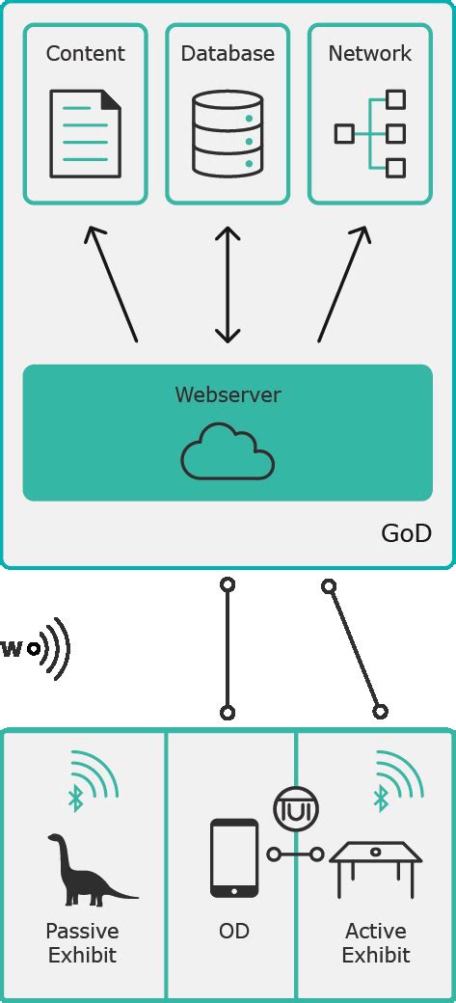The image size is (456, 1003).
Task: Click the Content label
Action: (x=86, y=54)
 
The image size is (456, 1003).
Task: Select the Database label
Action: (x=228, y=54)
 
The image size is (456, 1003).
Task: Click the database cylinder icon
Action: (x=228, y=133)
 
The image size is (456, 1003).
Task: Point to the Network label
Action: (x=370, y=54)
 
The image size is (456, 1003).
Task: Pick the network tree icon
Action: (x=370, y=133)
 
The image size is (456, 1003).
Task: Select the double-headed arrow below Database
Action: (x=228, y=285)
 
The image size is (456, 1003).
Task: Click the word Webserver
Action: (x=228, y=394)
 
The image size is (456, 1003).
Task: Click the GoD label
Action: (x=407, y=533)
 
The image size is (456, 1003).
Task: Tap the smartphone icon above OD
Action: (x=234, y=857)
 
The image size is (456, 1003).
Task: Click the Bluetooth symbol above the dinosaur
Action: (x=75, y=798)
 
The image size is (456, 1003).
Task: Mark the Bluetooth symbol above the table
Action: (x=381, y=798)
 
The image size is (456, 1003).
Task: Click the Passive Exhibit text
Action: (x=82, y=943)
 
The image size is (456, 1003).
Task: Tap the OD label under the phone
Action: (x=234, y=932)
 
